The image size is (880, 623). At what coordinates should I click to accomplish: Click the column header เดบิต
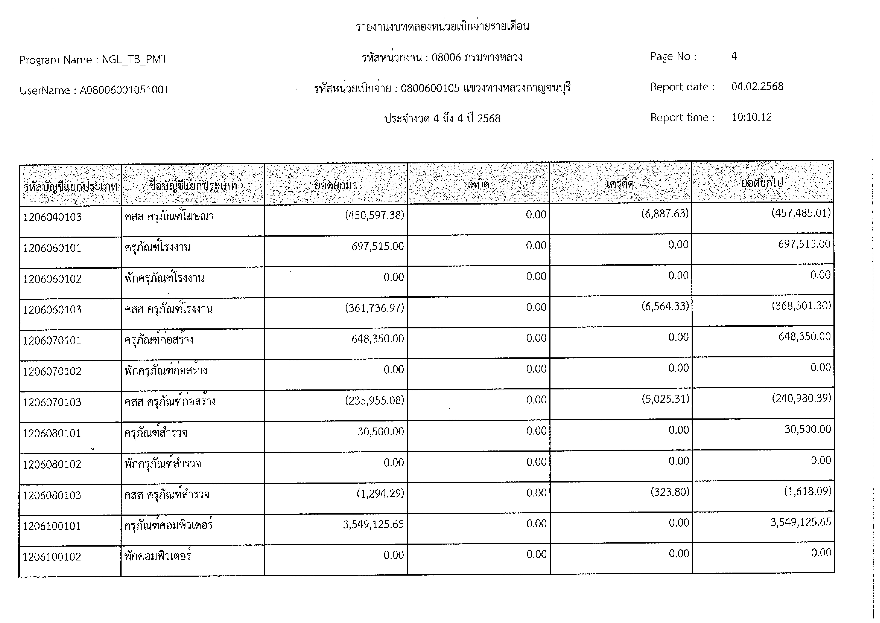pos(478,185)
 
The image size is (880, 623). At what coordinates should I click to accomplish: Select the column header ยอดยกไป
pos(762,183)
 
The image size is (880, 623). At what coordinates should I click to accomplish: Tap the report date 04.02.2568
pos(757,86)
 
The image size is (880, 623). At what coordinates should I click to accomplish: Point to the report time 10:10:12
pos(752,117)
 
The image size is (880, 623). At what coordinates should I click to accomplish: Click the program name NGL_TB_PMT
pos(135,60)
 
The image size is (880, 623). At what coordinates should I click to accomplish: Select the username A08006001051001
pos(124,90)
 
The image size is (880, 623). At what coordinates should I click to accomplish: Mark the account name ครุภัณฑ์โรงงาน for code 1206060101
pos(158,247)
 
